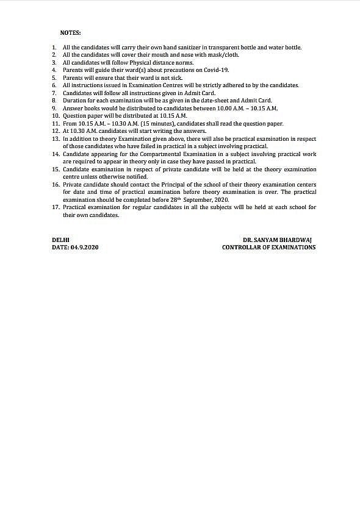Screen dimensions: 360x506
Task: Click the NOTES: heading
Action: [x=70, y=32]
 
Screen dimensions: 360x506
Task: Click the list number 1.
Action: [x=54, y=48]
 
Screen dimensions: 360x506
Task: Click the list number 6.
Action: [x=54, y=85]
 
